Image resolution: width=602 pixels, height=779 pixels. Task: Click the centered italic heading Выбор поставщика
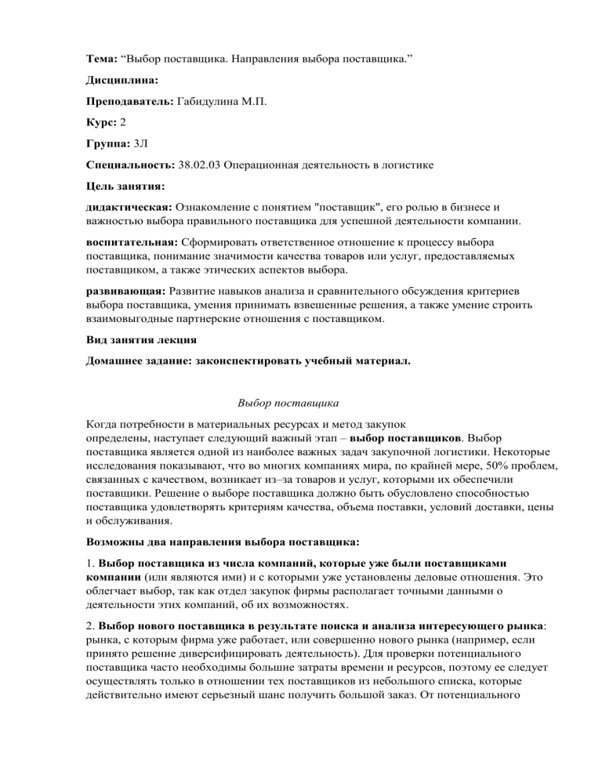click(288, 407)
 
